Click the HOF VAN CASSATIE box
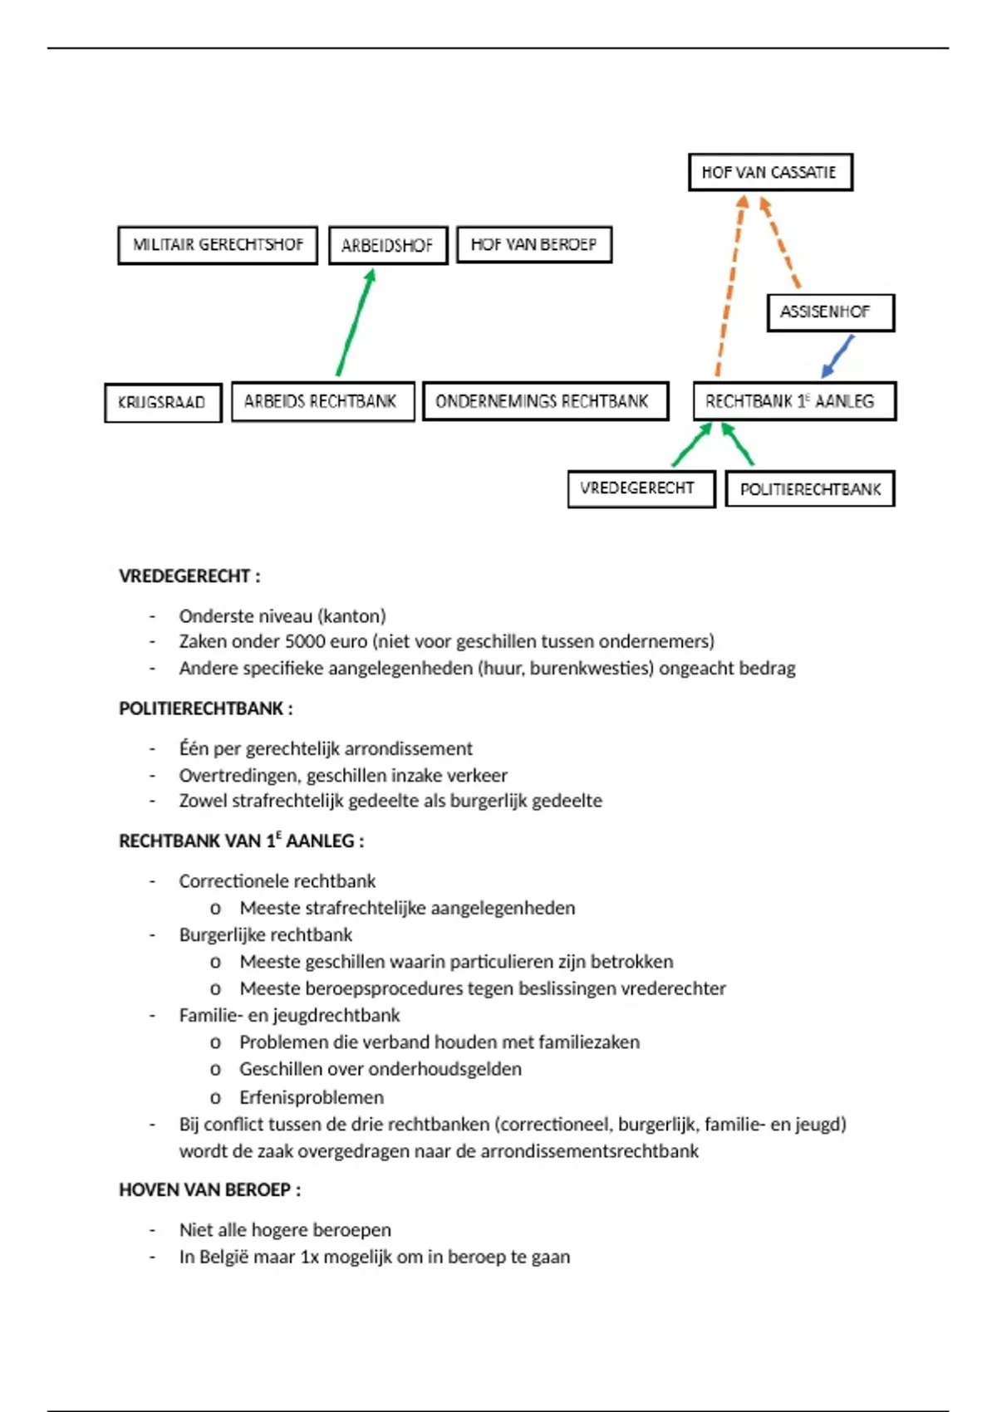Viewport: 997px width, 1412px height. click(x=770, y=173)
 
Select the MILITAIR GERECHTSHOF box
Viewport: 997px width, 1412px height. click(x=218, y=245)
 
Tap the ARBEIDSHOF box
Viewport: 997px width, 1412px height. click(x=388, y=246)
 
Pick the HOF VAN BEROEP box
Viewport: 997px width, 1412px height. click(x=534, y=244)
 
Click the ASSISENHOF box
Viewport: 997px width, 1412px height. click(x=830, y=312)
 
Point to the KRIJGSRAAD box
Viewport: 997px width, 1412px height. click(x=163, y=403)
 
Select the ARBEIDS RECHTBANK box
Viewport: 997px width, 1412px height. click(x=322, y=401)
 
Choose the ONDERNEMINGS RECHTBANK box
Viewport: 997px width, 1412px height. click(x=545, y=401)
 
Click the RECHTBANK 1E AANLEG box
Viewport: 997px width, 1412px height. click(x=794, y=401)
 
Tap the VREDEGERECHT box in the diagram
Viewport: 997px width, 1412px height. click(x=641, y=488)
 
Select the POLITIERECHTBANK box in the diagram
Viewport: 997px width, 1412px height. click(x=810, y=489)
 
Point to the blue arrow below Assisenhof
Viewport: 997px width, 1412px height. click(x=837, y=356)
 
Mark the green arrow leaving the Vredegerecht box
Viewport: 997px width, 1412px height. click(x=691, y=445)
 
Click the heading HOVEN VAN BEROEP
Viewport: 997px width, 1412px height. click(x=209, y=1190)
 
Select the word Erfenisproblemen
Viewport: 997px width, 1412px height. click(x=312, y=1097)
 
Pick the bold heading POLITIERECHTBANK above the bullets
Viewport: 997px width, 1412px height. click(x=205, y=708)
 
